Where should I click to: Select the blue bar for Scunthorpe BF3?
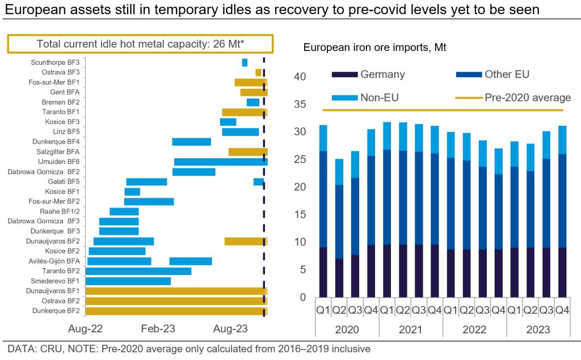point(245,62)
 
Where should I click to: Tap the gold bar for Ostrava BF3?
point(258,73)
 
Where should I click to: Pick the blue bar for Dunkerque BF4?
point(191,142)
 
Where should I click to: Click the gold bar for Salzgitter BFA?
point(247,152)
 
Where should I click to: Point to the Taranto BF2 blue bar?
point(138,271)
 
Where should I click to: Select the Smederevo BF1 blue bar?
point(128,281)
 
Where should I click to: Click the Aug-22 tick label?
point(85,328)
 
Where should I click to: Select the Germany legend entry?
point(382,74)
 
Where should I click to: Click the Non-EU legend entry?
point(379,98)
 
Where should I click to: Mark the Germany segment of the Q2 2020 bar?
point(339,278)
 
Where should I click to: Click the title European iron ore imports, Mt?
point(375,48)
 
